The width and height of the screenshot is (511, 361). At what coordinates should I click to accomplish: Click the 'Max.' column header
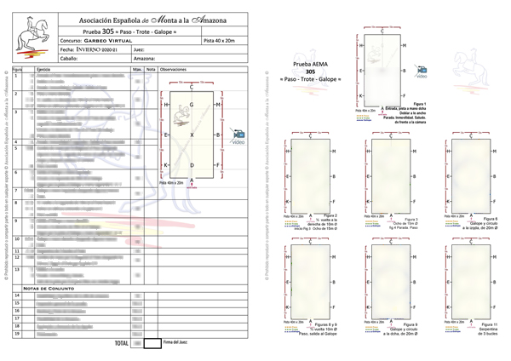click(x=137, y=68)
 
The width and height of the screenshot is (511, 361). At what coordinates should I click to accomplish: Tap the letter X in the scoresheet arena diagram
click(x=192, y=136)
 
